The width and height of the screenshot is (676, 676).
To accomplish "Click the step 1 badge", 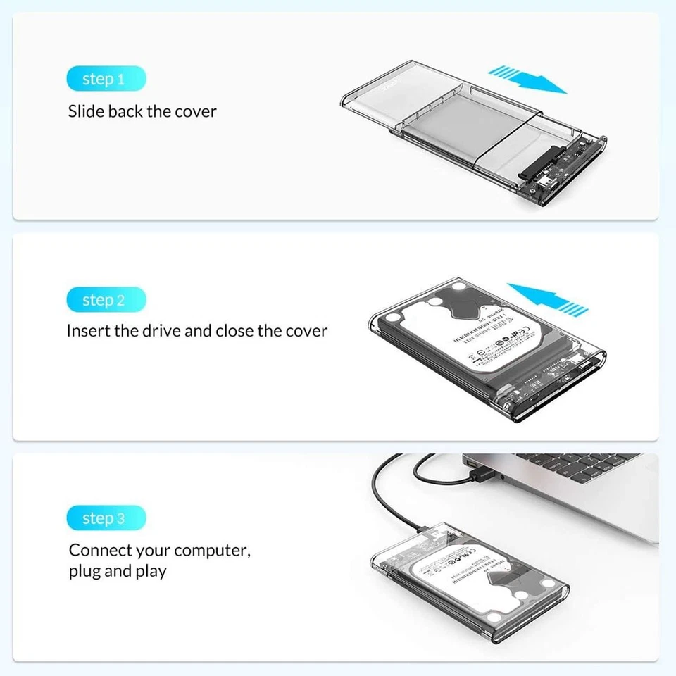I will click(106, 79).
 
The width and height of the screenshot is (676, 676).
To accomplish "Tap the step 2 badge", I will click(106, 300).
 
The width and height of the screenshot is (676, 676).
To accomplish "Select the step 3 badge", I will click(106, 519).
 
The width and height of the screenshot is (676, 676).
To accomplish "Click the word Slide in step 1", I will click(86, 111).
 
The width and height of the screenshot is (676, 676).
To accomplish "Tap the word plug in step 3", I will click(84, 570).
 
